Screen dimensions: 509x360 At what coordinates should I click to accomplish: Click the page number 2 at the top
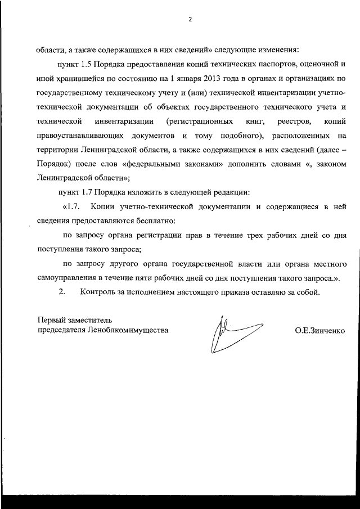click(x=190, y=19)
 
